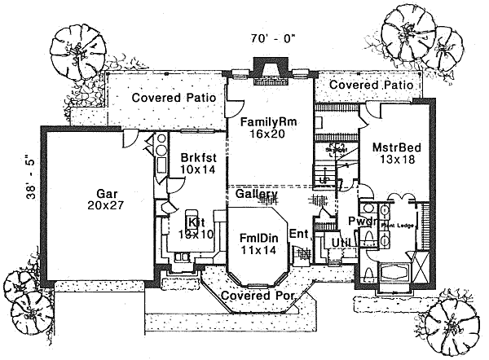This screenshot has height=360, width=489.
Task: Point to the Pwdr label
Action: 361,221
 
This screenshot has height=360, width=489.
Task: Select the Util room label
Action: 336,242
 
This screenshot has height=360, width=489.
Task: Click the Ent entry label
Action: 297,234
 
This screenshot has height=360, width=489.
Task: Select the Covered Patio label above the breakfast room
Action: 174,98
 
